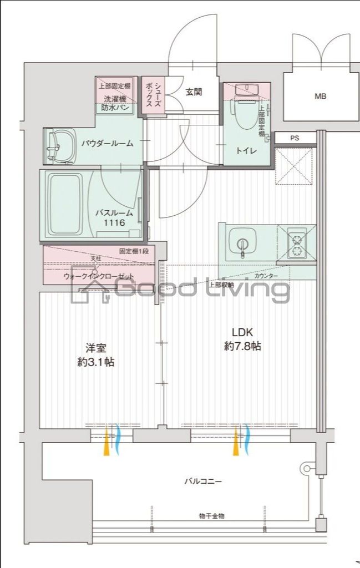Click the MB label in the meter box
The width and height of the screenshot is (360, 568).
pyautogui.click(x=321, y=96)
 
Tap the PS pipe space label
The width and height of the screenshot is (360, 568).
pyautogui.click(x=294, y=138)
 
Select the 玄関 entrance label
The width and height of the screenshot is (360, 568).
pyautogui.click(x=194, y=92)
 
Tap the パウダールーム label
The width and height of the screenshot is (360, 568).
pyautogui.click(x=107, y=144)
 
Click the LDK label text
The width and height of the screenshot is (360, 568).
pyautogui.click(x=242, y=332)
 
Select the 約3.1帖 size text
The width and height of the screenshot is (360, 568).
pyautogui.click(x=96, y=362)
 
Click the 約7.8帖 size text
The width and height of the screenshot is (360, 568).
pyautogui.click(x=243, y=347)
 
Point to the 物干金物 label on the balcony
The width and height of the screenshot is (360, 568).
pyautogui.click(x=211, y=516)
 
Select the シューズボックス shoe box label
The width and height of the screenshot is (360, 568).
pyautogui.click(x=154, y=96)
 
